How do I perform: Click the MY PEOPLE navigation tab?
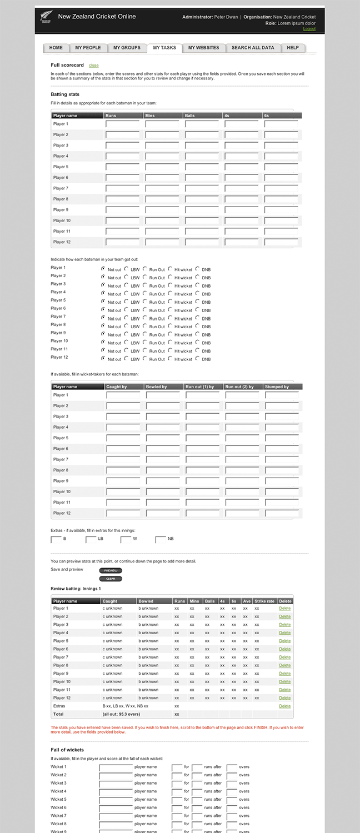(x=88, y=48)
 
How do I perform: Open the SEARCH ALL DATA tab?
(x=253, y=48)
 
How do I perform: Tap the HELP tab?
(x=293, y=48)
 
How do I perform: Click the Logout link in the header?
(x=309, y=29)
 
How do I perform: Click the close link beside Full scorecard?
(x=94, y=66)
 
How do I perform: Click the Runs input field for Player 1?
(x=122, y=124)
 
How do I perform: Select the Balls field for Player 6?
(x=202, y=178)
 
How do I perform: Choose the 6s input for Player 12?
(x=281, y=242)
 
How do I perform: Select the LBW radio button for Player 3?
(x=126, y=285)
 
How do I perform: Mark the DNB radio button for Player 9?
(x=198, y=334)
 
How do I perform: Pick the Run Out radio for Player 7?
(x=145, y=317)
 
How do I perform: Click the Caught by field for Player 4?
(x=123, y=428)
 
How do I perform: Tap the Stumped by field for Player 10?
(x=282, y=492)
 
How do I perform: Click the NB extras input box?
(x=161, y=539)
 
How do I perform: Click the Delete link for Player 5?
(x=284, y=641)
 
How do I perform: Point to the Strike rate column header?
(x=264, y=601)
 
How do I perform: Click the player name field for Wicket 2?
(x=116, y=775)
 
